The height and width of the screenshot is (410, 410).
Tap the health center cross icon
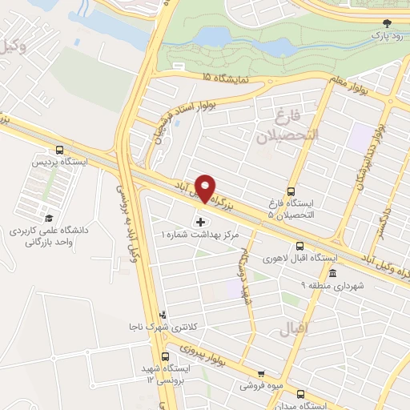199,221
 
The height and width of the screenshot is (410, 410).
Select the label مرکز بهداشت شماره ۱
199,235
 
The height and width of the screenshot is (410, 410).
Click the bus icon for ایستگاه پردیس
60,150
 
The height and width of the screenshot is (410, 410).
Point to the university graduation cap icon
49,218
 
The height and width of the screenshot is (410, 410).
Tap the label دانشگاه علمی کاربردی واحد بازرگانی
52,235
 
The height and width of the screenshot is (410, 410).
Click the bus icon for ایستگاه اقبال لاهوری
299,246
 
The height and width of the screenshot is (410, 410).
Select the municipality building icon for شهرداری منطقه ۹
333,273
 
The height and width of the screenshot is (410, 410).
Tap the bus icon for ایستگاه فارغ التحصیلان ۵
291,191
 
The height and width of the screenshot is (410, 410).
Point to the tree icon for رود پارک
388,23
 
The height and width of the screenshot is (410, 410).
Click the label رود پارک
388,37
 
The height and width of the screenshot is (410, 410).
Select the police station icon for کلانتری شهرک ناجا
163,315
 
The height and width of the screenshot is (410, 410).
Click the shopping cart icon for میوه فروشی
260,373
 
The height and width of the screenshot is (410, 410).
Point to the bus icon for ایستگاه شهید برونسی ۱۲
167,356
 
